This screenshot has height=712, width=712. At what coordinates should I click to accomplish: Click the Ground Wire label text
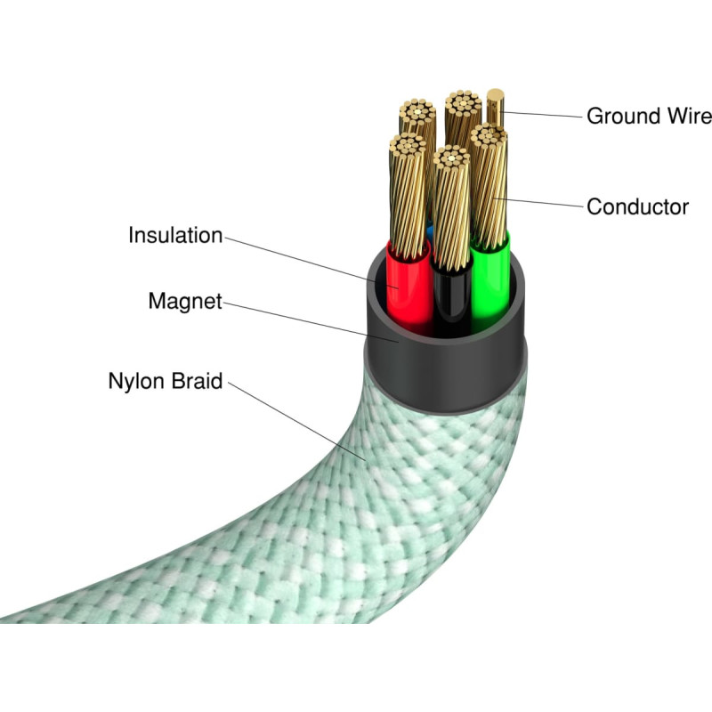(649, 116)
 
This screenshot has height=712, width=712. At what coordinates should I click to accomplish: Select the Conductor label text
(637, 207)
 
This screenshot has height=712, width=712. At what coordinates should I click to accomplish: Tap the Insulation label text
(175, 236)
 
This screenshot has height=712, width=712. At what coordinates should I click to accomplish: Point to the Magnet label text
(185, 302)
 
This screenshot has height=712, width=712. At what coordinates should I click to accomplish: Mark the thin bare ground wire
(496, 111)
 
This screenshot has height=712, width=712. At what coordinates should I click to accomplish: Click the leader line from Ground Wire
(543, 114)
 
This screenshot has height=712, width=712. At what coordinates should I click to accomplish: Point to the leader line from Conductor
(543, 203)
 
